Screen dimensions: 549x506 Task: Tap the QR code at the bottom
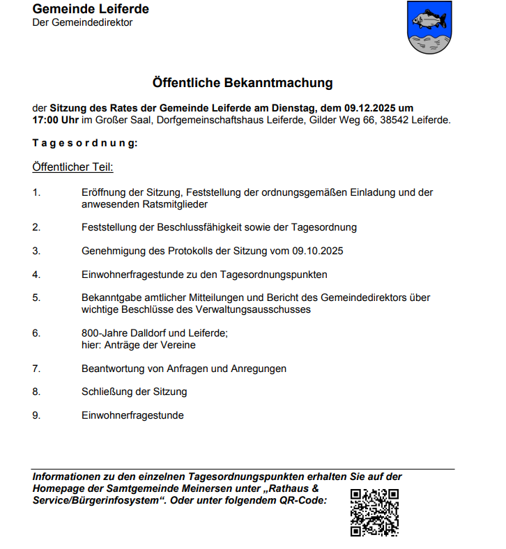pyautogui.click(x=374, y=512)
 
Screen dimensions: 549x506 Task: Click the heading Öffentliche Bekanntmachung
pyautogui.click(x=243, y=83)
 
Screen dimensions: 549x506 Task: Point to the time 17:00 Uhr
pyautogui.click(x=56, y=120)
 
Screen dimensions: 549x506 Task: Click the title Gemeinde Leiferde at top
pyautogui.click(x=91, y=9)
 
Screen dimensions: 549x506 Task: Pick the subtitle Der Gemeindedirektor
pyautogui.click(x=82, y=23)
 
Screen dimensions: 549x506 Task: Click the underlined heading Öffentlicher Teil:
pyautogui.click(x=72, y=167)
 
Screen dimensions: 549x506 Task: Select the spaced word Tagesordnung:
pyautogui.click(x=85, y=143)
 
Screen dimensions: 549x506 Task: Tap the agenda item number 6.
pyautogui.click(x=36, y=333)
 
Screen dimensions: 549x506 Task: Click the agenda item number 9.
pyautogui.click(x=36, y=415)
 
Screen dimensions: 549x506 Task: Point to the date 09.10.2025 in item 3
pyautogui.click(x=318, y=251)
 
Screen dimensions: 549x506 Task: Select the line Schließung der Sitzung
pyautogui.click(x=134, y=392)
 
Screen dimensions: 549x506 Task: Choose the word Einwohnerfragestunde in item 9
pyautogui.click(x=132, y=415)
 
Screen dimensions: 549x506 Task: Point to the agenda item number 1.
pyautogui.click(x=36, y=192)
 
